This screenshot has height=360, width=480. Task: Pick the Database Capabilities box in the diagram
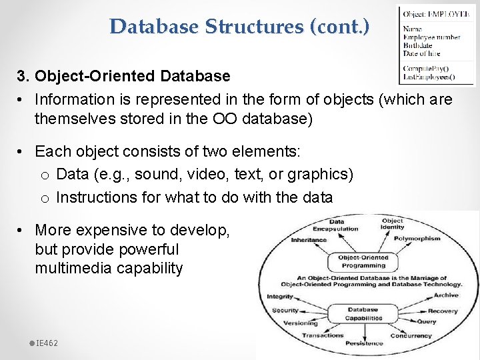click(363, 313)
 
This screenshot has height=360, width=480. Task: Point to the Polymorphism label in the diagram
click(417, 238)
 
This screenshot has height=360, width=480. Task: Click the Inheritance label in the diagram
click(308, 240)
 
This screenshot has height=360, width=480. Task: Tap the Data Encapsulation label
click(337, 225)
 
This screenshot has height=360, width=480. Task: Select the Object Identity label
click(392, 224)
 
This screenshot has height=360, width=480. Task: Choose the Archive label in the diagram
click(445, 295)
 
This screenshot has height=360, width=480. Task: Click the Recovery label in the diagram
click(443, 311)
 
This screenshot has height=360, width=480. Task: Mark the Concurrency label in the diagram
click(411, 335)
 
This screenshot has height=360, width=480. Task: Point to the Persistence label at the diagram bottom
click(365, 343)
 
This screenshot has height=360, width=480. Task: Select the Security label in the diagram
click(285, 310)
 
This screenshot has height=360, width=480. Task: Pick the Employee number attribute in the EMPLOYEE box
click(431, 37)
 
